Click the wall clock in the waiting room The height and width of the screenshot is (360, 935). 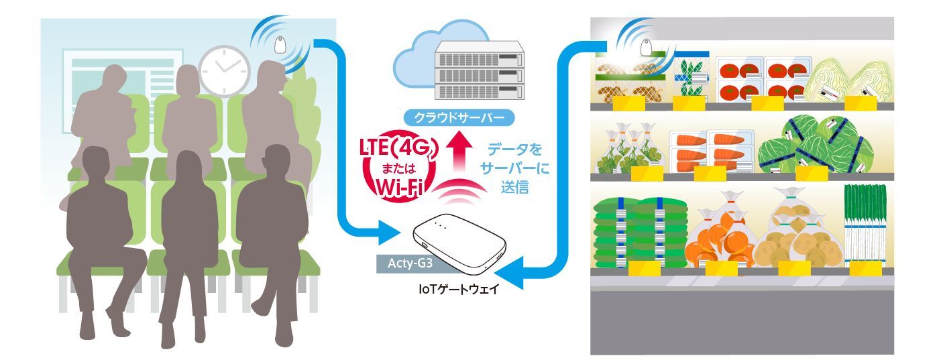(223, 69)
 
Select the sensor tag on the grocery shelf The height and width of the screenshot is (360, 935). (645, 47)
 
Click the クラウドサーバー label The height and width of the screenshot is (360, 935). (459, 118)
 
